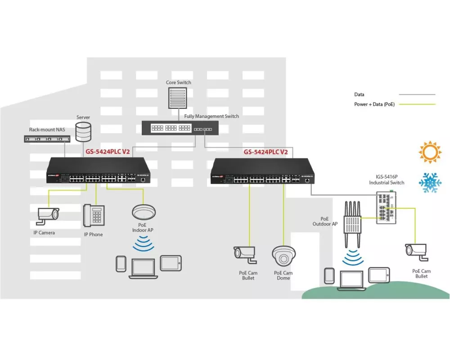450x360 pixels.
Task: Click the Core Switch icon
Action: click(x=178, y=98)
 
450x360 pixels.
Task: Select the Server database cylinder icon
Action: click(x=83, y=131)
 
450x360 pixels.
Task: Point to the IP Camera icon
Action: click(x=48, y=215)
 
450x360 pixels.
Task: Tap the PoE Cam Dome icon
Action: click(x=283, y=256)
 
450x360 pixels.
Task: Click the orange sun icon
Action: click(x=430, y=152)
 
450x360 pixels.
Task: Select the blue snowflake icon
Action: click(x=430, y=182)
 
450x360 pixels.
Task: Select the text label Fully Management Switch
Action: click(x=211, y=117)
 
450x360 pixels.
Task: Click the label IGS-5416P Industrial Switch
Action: click(x=387, y=180)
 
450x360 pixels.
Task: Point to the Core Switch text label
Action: click(x=178, y=82)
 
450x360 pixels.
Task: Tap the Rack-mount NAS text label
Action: click(x=47, y=130)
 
